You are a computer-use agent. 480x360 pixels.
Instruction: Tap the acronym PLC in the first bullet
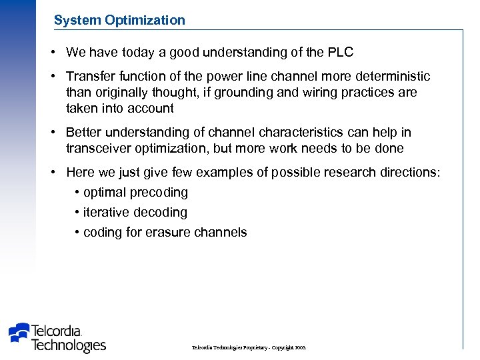coord(341,52)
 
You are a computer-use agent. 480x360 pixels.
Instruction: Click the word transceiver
coord(100,148)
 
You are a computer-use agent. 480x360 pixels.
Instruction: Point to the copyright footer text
coord(249,348)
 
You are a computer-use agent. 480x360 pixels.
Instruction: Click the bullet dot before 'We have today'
coord(52,52)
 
